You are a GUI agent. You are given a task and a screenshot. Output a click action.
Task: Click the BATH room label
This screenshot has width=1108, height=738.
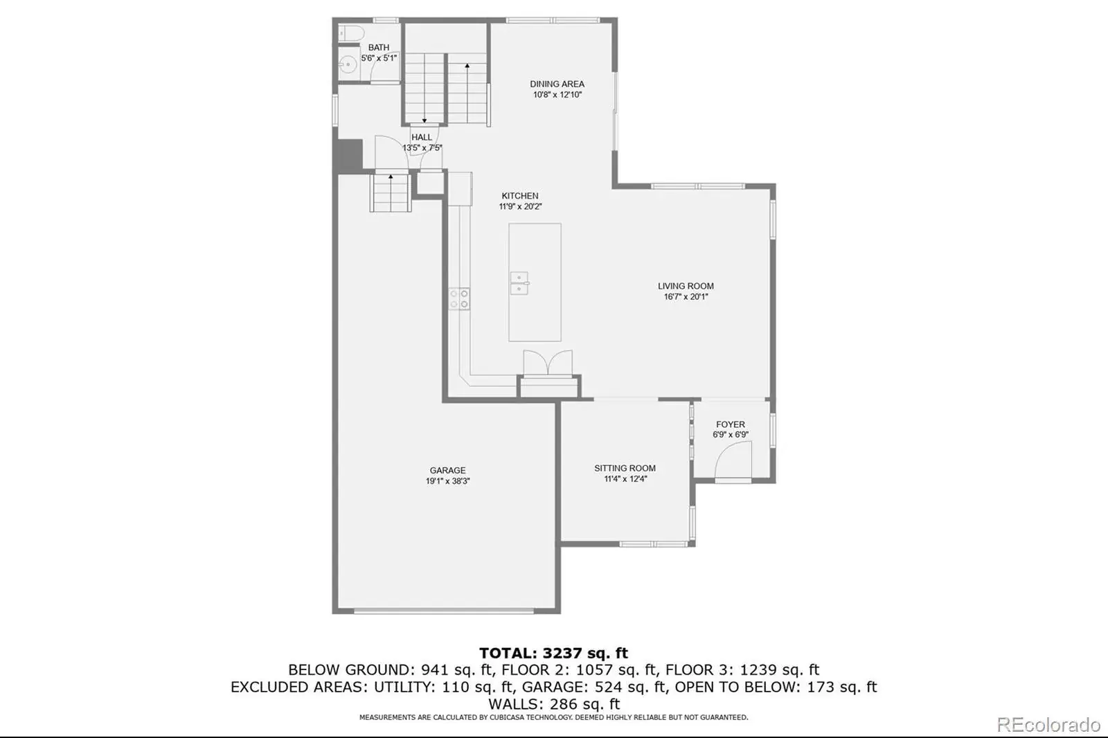click(x=378, y=48)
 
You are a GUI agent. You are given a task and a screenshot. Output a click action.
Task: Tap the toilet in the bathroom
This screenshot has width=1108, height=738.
click(x=351, y=33)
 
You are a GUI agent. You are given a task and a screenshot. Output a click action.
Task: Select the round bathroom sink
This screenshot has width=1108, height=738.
click(x=348, y=64)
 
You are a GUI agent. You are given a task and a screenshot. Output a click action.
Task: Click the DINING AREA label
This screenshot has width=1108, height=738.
click(x=557, y=84)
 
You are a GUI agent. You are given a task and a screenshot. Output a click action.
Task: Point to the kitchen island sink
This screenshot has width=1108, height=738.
click(x=519, y=283)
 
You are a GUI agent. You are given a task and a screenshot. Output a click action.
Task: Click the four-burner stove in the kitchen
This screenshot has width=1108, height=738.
click(x=459, y=299)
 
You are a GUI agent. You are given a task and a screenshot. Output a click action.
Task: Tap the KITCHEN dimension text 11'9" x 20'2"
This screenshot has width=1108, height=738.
click(x=520, y=207)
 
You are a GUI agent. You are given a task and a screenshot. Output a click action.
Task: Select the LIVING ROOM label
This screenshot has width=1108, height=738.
click(x=686, y=286)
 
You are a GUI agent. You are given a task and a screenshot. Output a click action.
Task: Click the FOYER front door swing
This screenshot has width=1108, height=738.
click(x=733, y=460)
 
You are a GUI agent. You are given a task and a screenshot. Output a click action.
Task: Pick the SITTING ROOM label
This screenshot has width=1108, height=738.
click(x=625, y=468)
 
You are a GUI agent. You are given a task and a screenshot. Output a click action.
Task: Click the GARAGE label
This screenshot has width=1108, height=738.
click(x=447, y=470)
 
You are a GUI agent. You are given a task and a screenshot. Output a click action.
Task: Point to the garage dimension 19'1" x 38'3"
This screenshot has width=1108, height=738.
click(x=447, y=480)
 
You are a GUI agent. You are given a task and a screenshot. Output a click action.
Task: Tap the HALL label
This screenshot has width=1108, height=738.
click(x=422, y=137)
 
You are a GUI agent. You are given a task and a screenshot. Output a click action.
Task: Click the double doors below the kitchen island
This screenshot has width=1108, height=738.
click(x=548, y=363)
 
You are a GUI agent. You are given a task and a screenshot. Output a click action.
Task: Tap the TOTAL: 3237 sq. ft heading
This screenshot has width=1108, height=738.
click(x=553, y=653)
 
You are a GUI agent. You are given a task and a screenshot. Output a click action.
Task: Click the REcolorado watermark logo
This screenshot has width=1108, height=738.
click(x=1048, y=725)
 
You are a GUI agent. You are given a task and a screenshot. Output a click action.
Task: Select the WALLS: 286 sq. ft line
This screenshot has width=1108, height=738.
click(x=553, y=703)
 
